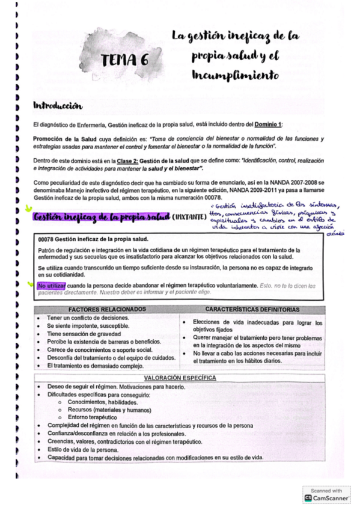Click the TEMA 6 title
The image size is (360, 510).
click(124, 60)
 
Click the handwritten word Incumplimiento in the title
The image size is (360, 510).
click(236, 76)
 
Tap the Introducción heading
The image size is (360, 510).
click(58, 106)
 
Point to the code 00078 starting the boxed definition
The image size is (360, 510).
click(47, 239)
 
